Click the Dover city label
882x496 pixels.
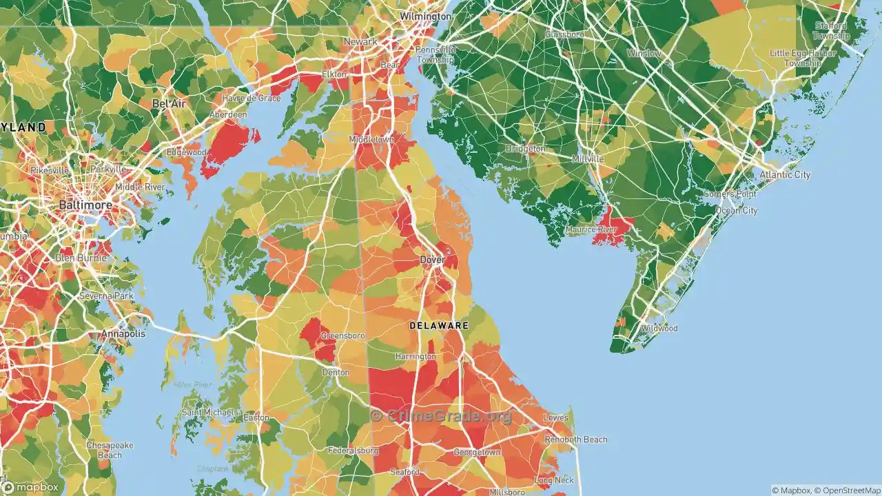point(431,260)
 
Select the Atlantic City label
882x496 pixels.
point(785,175)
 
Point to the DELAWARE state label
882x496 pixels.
point(438,325)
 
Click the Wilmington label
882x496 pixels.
point(426,16)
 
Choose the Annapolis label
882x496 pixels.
point(123,333)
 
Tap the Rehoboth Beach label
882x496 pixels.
point(576,440)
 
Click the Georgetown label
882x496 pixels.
point(477,453)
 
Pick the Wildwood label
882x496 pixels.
point(659,328)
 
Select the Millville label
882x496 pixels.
point(588,158)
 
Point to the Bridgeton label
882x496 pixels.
point(525,149)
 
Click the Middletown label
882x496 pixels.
point(371,139)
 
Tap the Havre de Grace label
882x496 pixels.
point(251,99)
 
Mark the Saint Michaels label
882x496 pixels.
point(210,413)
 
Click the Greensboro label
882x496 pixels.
point(342,335)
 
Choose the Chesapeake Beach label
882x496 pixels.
point(110,450)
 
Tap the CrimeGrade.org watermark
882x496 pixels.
point(441,415)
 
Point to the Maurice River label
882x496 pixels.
point(590,229)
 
